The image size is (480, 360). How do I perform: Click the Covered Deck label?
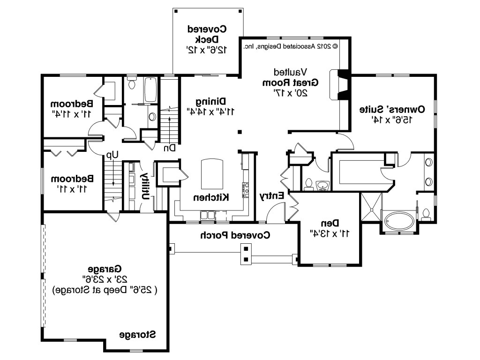[x=207, y=34]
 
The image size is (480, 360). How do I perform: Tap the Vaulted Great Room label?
[x=290, y=77]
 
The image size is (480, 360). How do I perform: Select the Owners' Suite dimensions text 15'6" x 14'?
[x=392, y=120]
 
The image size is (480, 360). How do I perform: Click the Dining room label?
[x=211, y=101]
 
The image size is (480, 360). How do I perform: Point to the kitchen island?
[x=212, y=174]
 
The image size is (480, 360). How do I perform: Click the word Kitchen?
[x=211, y=197]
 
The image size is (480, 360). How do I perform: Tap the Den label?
[x=330, y=223]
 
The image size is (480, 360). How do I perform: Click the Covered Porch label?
[x=235, y=235]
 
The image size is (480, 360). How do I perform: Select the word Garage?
[x=105, y=269]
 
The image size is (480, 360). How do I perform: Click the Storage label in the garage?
[x=137, y=335]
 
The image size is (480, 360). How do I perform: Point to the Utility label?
[x=145, y=186]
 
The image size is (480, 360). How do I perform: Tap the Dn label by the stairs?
[x=169, y=148]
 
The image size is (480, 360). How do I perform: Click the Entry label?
[x=272, y=196]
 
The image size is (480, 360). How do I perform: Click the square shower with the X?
[x=371, y=207]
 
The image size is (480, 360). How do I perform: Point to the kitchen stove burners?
[x=246, y=190]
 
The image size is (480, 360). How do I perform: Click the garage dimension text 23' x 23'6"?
[x=105, y=279]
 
